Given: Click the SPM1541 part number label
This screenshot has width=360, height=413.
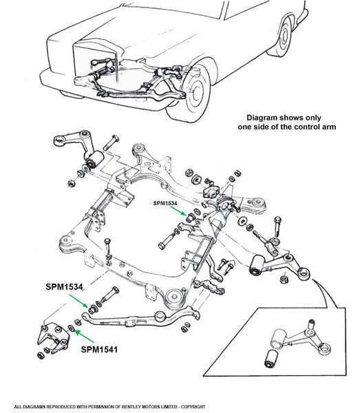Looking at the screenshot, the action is click(x=99, y=350).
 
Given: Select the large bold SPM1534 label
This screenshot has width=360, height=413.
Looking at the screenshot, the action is click(x=64, y=287).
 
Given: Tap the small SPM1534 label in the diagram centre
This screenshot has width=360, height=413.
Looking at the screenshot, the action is click(x=165, y=203).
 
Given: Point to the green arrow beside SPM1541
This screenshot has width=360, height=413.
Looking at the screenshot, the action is click(x=84, y=337).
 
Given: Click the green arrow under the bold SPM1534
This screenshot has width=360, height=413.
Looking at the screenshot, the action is click(x=78, y=301).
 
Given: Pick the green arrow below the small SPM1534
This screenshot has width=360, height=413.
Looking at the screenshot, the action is click(x=178, y=211).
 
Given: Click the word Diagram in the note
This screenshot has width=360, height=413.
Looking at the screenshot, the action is click(x=262, y=118).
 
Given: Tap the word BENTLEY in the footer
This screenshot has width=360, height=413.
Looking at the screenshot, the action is click(x=131, y=407).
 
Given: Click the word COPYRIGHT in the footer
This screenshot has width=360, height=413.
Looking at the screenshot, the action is click(x=193, y=407).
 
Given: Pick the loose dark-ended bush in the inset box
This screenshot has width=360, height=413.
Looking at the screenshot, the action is click(x=271, y=359).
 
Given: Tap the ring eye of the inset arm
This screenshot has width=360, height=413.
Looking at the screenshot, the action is click(x=324, y=349).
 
